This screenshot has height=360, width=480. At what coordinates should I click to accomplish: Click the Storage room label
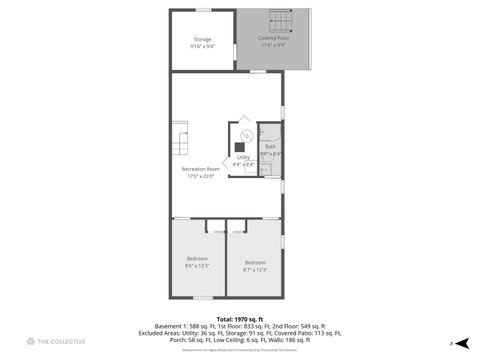tap(202, 39)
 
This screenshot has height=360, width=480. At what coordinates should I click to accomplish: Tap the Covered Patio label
tap(273, 38)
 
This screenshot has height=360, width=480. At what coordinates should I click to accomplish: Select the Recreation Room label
tap(201, 169)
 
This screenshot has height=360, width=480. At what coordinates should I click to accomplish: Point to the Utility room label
tap(243, 157)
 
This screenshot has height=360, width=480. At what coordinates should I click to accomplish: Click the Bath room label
tap(270, 147)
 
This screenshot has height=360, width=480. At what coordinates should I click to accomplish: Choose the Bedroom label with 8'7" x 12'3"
tap(255, 263)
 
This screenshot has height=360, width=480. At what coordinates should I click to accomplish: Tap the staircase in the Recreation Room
tap(179, 142)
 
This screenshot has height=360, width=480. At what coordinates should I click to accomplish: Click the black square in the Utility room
tap(240, 146)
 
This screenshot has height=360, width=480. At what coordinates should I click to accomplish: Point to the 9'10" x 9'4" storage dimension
tap(202, 46)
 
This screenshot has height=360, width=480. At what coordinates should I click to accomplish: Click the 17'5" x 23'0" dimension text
tap(201, 176)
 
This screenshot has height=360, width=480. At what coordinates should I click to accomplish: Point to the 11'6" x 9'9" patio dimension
tap(273, 45)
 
